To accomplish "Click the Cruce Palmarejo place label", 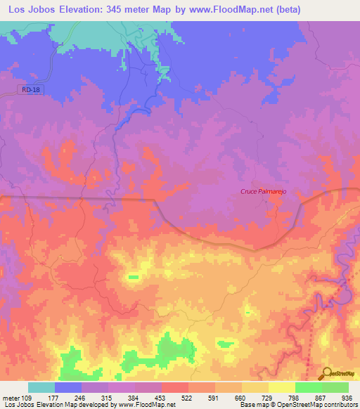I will pos(265,192).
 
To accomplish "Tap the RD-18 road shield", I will pos(30,89).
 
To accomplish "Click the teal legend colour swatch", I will pos(41,387).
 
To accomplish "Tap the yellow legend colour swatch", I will pos(281,387).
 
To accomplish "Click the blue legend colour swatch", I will pos(68,387).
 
